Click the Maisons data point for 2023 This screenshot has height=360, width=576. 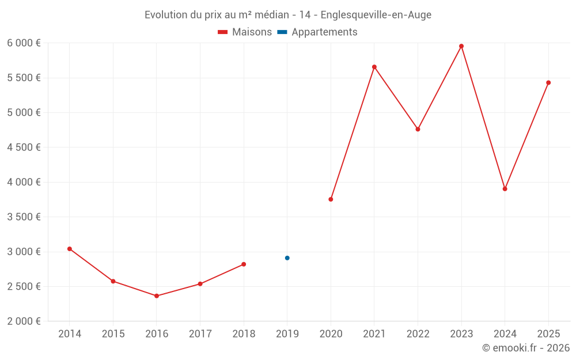tap(461, 46)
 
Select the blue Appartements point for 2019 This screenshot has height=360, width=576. tap(287, 258)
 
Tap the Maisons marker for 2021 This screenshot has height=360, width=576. tap(374, 67)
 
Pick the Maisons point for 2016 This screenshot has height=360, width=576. tap(157, 296)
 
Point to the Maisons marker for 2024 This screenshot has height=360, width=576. tap(505, 189)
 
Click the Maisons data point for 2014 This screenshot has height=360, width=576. tap(70, 249)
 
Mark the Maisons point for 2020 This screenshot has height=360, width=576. tap(331, 199)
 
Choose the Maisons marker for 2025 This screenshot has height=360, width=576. tap(548, 82)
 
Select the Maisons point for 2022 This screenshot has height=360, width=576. tap(418, 129)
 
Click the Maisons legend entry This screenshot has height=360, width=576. tap(245, 32)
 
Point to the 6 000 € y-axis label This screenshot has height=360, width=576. tap(24, 43)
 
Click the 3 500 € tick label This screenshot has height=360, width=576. tap(24, 217)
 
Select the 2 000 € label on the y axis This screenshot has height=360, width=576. tap(24, 321)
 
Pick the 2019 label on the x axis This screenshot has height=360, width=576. tap(287, 334)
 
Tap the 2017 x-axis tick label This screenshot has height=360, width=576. tap(200, 334)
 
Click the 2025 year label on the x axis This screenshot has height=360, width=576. tap(548, 334)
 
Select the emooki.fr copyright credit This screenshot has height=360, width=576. tap(526, 348)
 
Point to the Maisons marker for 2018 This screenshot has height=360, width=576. tap(244, 264)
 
